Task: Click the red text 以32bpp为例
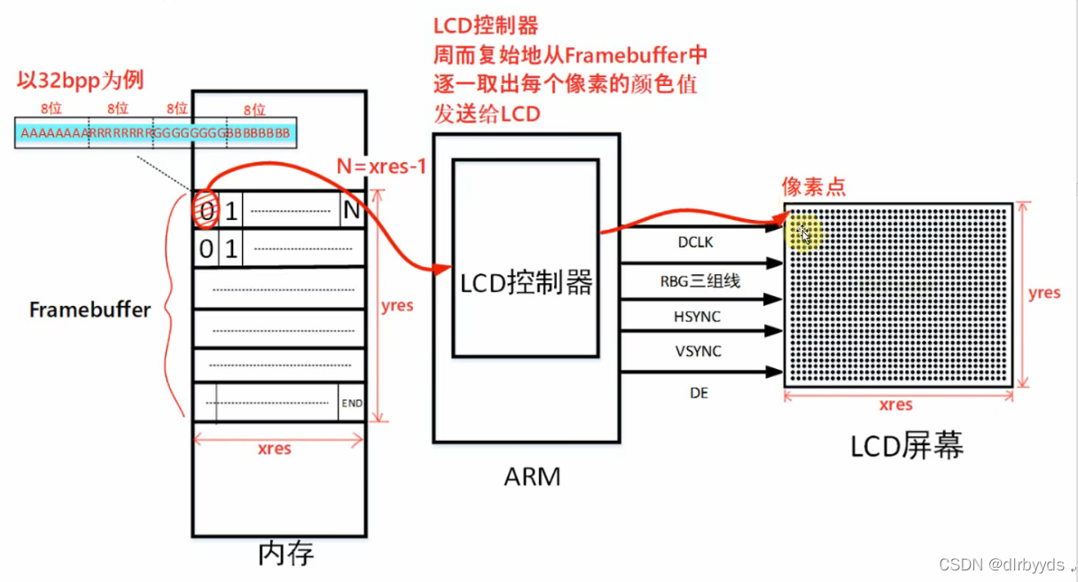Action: pos(81,81)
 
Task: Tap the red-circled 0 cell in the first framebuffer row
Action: pos(206,212)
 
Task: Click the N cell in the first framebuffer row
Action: pos(352,212)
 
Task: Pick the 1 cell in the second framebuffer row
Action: pos(230,249)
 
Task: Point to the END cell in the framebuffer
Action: pos(352,403)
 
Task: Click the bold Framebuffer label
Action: pos(90,310)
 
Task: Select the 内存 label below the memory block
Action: pos(285,554)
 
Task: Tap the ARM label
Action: pos(532,476)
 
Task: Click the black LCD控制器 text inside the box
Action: pos(527,283)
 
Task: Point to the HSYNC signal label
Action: pos(698,316)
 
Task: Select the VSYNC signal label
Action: pos(698,351)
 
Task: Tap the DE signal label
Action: pos(699,392)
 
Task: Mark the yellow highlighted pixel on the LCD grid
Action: pos(803,233)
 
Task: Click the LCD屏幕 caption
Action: pos(906,445)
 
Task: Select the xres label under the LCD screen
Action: pos(895,405)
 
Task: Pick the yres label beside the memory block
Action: pos(396,305)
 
